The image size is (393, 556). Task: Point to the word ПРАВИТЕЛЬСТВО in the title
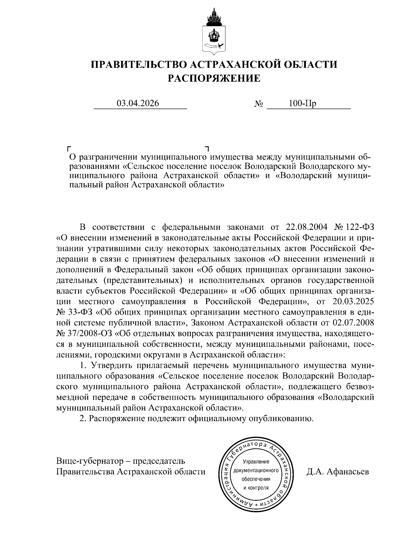tap(138, 64)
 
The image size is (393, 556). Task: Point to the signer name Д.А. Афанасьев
tap(338, 472)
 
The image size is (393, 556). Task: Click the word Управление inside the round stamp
tap(256, 462)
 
